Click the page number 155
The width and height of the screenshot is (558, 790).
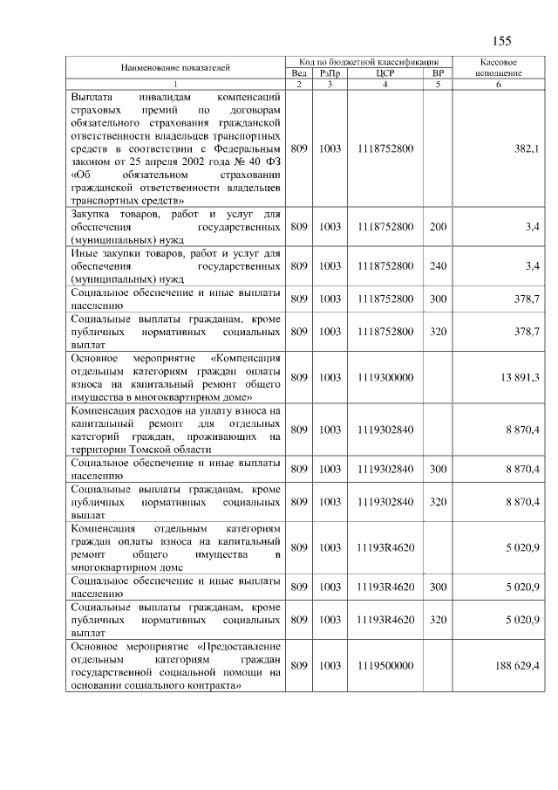point(501,41)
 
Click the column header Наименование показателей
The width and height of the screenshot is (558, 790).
point(175,67)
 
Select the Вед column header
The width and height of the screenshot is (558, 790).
point(299,73)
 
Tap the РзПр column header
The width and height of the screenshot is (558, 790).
point(329,73)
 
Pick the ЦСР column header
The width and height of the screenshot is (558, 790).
point(384,73)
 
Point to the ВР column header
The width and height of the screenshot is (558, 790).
point(438,73)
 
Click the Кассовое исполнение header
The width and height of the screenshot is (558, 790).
point(499,68)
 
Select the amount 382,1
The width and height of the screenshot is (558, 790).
point(527,149)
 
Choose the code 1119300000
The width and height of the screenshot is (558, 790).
point(384,376)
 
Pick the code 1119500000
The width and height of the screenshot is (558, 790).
point(384,666)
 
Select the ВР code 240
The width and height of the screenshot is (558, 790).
point(438,265)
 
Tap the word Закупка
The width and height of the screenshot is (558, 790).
point(94,214)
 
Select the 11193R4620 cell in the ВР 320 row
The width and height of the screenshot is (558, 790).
point(384,619)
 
